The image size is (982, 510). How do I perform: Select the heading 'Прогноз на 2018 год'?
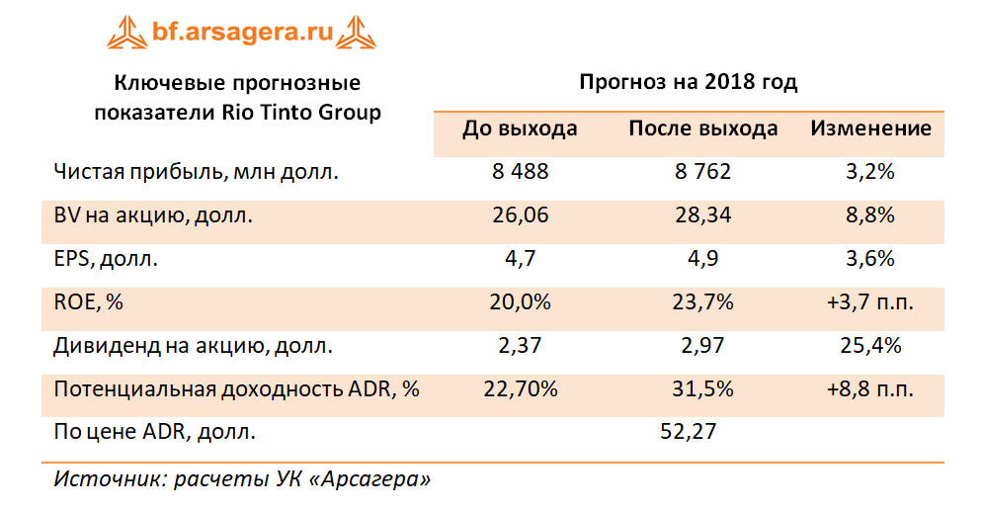click(x=688, y=82)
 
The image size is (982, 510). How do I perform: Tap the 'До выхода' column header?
click(x=520, y=128)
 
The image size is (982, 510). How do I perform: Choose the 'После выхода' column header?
click(x=702, y=128)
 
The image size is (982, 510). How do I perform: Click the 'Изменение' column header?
click(x=870, y=128)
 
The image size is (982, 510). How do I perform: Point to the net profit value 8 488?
click(x=520, y=172)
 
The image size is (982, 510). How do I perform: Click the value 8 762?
click(x=702, y=172)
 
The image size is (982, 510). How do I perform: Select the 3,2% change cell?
click(x=870, y=172)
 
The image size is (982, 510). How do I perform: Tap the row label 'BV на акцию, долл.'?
click(x=153, y=215)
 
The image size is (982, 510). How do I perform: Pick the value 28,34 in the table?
click(x=702, y=215)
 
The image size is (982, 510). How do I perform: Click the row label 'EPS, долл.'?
click(x=105, y=259)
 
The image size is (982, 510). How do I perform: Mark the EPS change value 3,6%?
click(x=870, y=259)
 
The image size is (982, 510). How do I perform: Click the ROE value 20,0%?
click(x=520, y=302)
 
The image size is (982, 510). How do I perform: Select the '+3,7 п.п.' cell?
click(x=870, y=302)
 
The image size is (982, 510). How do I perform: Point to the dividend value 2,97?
click(x=702, y=346)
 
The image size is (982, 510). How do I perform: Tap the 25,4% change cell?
click(x=870, y=346)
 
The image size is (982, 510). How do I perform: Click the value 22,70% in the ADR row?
click(x=520, y=389)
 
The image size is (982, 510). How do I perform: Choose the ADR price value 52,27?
click(x=687, y=431)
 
